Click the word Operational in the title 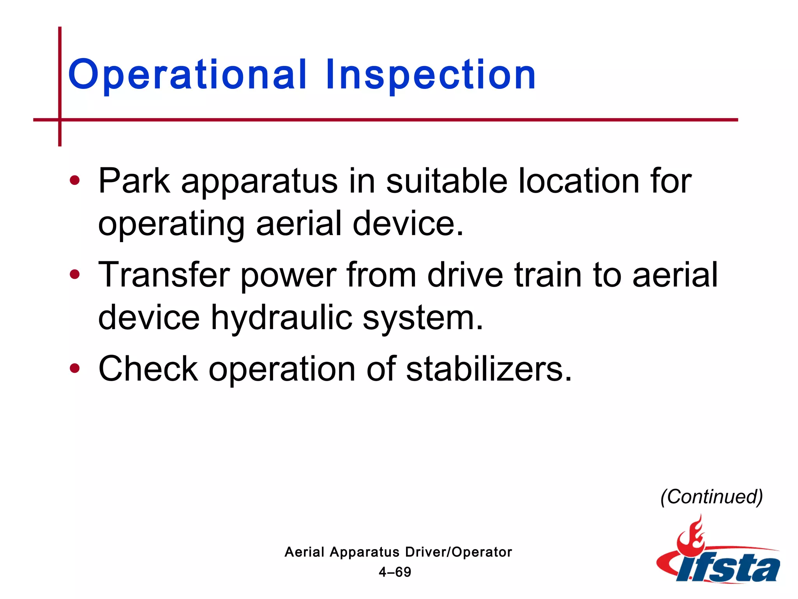coord(187,75)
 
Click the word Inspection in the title coord(431,75)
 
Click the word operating coord(171,224)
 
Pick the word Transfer coord(164,275)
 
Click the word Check coord(148,368)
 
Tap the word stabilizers coord(489,368)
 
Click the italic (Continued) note coord(711,496)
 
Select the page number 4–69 coord(395,572)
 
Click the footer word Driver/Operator coord(458,552)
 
